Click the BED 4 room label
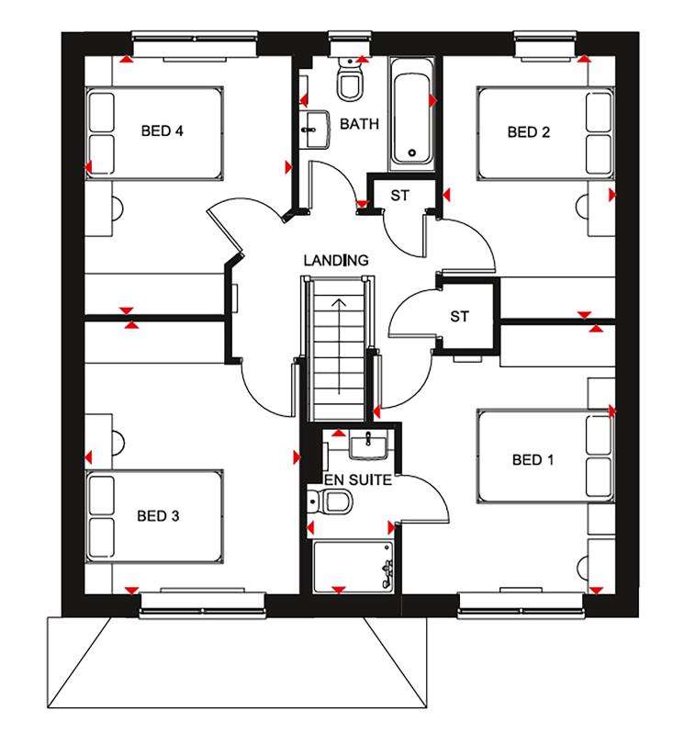click(162, 131)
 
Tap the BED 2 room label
click(529, 132)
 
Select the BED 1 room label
click(533, 459)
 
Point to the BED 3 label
click(158, 515)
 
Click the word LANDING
click(338, 261)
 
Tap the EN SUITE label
click(357, 479)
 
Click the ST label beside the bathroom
click(399, 195)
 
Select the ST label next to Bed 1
click(460, 317)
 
